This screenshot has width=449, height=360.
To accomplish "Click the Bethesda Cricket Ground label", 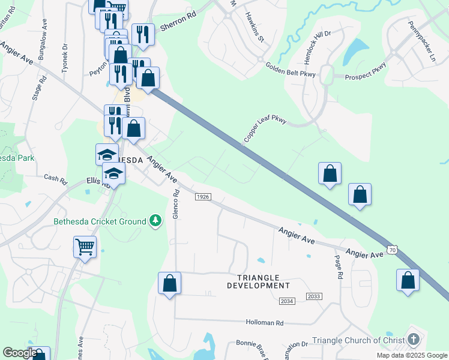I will point(100,221).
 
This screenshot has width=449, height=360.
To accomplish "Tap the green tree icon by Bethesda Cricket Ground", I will point(155,221).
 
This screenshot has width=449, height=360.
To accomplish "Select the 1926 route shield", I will point(203,197).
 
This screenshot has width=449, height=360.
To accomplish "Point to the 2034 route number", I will point(288,301).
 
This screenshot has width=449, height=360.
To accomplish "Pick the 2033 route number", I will point(313,296).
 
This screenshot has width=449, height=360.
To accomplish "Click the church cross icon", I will point(413,340).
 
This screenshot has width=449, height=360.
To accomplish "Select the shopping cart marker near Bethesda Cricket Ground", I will point(85,247).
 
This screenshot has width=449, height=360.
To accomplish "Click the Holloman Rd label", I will point(264,322).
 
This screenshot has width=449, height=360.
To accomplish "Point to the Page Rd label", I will point(338,267).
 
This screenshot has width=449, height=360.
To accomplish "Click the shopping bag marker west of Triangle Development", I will point(169,283).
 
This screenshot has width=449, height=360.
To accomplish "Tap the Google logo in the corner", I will point(20,353).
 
